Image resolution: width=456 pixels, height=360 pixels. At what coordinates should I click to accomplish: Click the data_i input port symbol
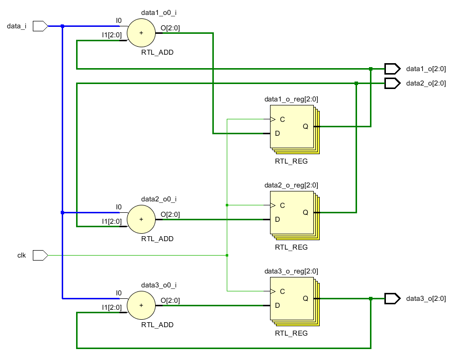tap(40, 26)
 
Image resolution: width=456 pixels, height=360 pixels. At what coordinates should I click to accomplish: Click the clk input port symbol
tap(40, 256)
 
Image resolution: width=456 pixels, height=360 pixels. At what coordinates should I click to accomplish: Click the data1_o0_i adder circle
tap(141, 33)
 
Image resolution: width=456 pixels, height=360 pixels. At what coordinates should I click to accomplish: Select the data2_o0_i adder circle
tap(141, 219)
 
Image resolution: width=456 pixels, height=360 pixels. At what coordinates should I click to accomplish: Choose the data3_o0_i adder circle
tap(141, 305)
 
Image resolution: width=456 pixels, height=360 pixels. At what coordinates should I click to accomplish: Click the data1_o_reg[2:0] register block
tap(292, 127)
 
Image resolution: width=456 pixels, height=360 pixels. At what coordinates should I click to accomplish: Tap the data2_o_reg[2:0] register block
tap(292, 212)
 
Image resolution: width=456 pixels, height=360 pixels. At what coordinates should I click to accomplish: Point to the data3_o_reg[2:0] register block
tap(292, 298)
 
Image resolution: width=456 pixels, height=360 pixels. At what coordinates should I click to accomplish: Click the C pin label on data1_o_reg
tap(282, 119)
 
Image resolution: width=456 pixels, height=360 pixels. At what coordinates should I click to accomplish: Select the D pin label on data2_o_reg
tap(277, 219)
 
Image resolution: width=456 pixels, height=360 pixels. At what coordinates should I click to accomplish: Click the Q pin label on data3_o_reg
tap(305, 298)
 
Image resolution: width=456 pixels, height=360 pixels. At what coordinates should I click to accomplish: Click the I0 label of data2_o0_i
tap(118, 207)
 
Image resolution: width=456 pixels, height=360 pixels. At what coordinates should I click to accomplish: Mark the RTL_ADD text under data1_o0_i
tap(158, 52)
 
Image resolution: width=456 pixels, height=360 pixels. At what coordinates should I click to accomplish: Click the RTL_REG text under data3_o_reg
tap(291, 333)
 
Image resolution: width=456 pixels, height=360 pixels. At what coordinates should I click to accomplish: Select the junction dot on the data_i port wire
tap(62, 26)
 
